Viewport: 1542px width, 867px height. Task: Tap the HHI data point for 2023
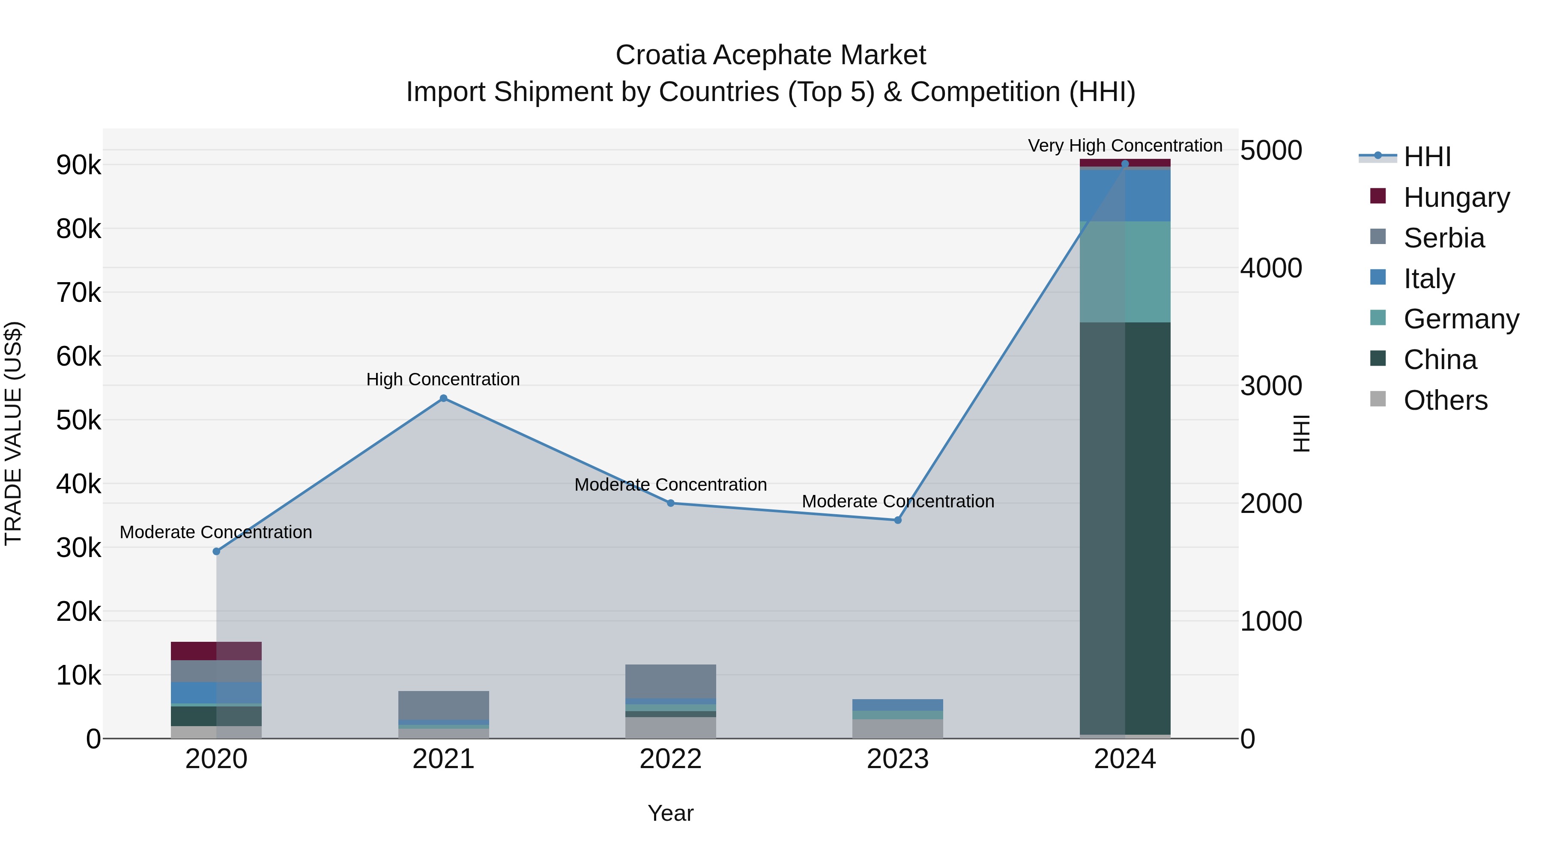[x=897, y=520]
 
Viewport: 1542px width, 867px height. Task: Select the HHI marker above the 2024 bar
[x=1125, y=164]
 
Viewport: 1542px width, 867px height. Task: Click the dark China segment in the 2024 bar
[x=1125, y=527]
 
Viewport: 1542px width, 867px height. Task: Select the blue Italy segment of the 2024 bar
[x=1125, y=196]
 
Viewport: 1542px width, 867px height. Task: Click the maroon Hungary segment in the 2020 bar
[x=216, y=651]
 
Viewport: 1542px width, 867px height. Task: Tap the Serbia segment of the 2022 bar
[x=670, y=681]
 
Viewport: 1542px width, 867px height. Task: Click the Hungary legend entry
[x=1456, y=197]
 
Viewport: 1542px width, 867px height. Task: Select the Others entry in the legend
[x=1445, y=400]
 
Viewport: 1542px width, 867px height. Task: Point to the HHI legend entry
[x=1427, y=157]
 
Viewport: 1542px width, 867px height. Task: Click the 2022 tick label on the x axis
[x=670, y=759]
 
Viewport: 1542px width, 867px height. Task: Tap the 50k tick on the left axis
[x=78, y=420]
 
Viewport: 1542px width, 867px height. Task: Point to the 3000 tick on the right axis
[x=1270, y=386]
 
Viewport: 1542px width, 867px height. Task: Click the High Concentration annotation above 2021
[x=443, y=379]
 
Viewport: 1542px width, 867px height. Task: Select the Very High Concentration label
[x=1125, y=146]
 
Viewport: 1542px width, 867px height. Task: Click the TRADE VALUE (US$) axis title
[x=13, y=433]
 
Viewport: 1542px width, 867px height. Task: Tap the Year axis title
[x=670, y=813]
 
